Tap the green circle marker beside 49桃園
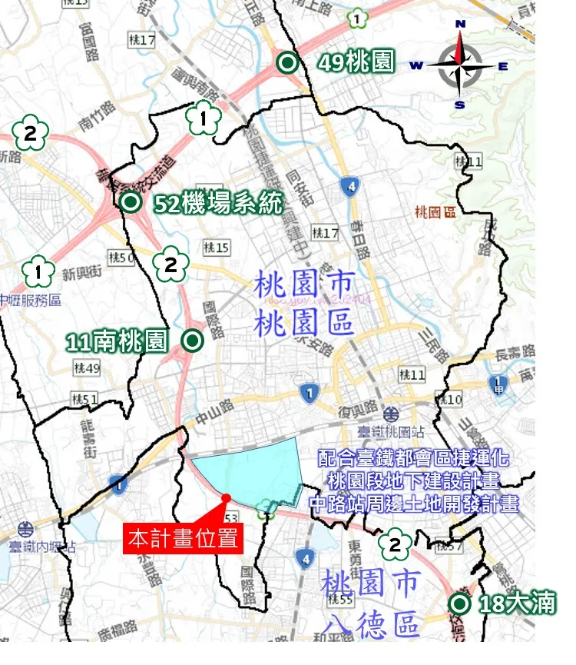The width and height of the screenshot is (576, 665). point(287,63)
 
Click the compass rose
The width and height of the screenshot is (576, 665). point(460,66)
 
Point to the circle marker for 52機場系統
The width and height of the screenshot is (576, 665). point(130,202)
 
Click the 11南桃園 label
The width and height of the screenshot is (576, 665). point(117,341)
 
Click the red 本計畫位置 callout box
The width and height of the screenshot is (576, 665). point(184,537)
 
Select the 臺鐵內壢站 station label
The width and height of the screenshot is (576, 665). point(43,547)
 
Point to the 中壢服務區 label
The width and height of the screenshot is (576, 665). point(31,300)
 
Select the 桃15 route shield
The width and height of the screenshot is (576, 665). point(217,248)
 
